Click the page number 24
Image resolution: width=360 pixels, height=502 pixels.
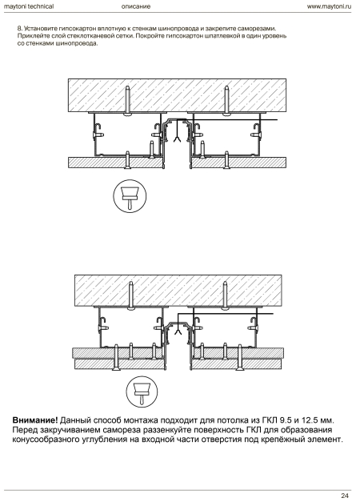click(344, 496)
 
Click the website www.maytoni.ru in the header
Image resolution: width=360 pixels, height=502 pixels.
click(329, 6)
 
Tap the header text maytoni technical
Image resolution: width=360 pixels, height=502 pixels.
click(29, 6)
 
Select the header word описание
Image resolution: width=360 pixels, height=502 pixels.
click(136, 6)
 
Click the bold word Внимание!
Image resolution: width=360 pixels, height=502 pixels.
click(35, 420)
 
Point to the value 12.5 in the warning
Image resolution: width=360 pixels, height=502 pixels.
click(310, 420)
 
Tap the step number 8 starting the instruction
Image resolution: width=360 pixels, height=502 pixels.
click(19, 29)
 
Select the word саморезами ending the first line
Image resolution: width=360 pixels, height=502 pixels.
click(259, 29)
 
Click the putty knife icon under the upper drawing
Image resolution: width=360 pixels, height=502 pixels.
click(130, 196)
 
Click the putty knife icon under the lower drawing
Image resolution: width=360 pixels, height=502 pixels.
click(142, 392)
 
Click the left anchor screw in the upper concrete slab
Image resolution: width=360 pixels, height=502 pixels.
click(128, 99)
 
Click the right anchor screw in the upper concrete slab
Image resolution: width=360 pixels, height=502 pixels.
click(227, 99)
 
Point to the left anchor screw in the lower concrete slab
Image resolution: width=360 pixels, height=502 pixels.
click(130, 295)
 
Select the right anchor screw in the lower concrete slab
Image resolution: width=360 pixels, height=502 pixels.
click(226, 295)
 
